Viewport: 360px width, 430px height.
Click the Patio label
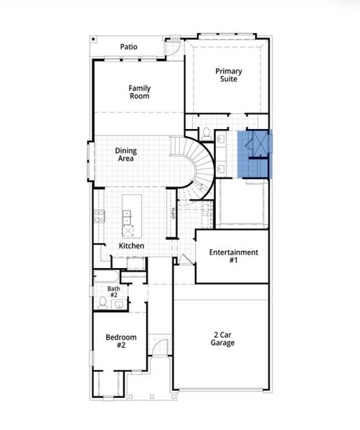coord(128,47)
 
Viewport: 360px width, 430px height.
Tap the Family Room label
coord(140,92)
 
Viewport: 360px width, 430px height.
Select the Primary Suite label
coord(229,75)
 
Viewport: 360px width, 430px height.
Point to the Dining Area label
coord(126,155)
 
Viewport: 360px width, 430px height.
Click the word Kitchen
coord(131,246)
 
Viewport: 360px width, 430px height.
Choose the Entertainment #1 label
coord(233,257)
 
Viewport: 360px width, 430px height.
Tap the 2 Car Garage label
coord(223,338)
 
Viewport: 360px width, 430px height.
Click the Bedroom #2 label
coord(116,342)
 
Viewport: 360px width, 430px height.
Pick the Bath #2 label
coord(113,292)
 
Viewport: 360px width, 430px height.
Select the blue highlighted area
coord(256,153)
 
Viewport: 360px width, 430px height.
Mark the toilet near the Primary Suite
coord(204,133)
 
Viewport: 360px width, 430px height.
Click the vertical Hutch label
coord(173,214)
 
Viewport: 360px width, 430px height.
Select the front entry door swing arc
coord(161,347)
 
